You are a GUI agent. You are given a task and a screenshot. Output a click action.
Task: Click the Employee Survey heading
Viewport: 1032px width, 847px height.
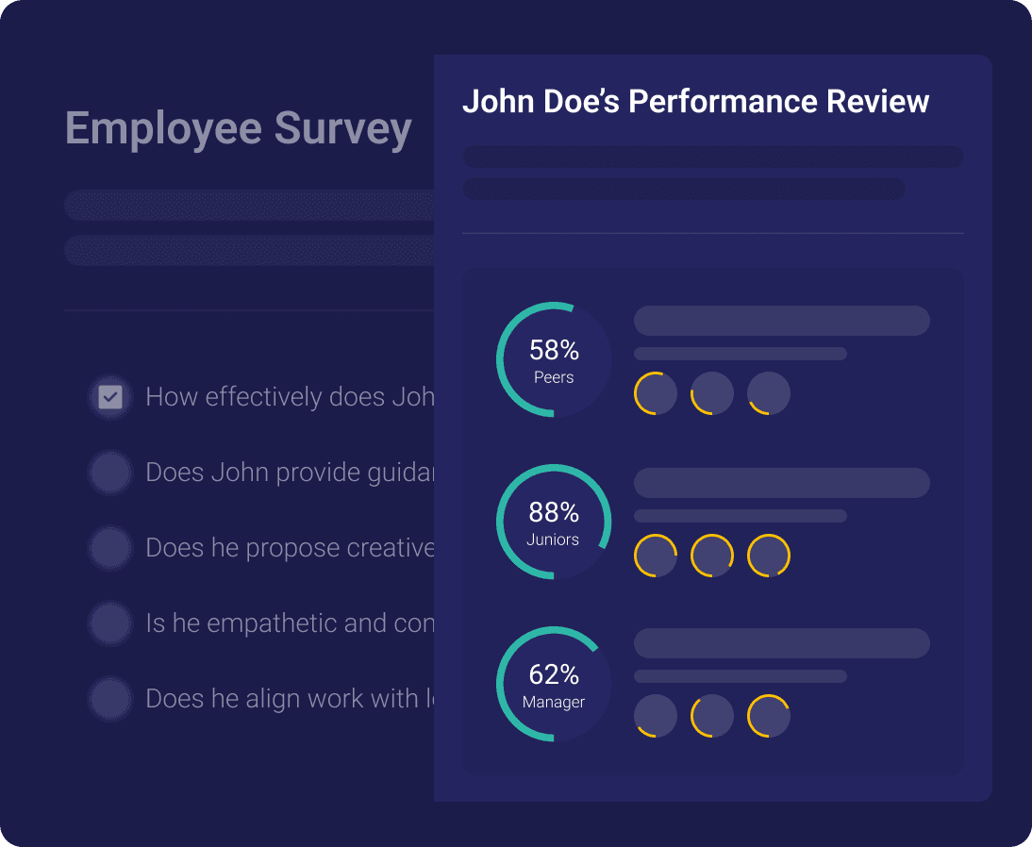[238, 128]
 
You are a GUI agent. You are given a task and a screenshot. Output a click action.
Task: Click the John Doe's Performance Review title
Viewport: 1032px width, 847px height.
[695, 102]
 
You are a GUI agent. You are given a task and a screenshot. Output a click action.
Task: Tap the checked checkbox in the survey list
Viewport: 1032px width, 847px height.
[110, 397]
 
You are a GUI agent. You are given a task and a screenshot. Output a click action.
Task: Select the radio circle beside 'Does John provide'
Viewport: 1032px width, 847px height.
[110, 472]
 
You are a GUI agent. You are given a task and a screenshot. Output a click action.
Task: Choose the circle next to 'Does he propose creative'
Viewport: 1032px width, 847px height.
[110, 547]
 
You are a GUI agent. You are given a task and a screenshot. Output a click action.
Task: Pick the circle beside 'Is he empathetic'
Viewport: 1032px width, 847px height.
[110, 623]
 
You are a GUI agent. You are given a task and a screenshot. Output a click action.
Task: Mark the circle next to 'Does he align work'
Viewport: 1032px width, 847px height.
[110, 698]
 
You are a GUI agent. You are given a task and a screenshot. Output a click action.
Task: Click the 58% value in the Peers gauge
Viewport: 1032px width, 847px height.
[554, 351]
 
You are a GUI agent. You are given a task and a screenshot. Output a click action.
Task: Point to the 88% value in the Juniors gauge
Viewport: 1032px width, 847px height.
[554, 512]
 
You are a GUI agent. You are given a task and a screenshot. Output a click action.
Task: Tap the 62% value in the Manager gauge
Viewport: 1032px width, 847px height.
[554, 674]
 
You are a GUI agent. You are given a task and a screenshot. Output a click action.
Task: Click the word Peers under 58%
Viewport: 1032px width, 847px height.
[554, 377]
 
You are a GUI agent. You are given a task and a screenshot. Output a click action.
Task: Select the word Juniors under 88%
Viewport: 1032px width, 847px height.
[554, 540]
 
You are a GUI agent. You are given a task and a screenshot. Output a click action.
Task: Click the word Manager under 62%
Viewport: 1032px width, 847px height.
[554, 702]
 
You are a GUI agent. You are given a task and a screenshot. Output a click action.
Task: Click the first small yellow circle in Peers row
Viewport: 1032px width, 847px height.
[656, 393]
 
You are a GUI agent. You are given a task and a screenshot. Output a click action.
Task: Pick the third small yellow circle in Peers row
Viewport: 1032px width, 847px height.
[769, 393]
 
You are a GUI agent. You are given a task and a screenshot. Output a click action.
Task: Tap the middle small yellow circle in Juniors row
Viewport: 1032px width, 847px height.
[712, 556]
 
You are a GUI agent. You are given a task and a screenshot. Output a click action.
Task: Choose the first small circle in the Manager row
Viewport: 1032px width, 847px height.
[656, 716]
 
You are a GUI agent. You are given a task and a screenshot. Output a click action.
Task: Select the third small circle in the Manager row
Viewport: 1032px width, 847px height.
[769, 716]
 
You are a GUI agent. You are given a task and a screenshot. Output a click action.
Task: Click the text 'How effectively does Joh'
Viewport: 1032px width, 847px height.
[290, 397]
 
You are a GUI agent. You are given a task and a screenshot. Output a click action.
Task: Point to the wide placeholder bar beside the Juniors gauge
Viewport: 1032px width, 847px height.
[781, 483]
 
